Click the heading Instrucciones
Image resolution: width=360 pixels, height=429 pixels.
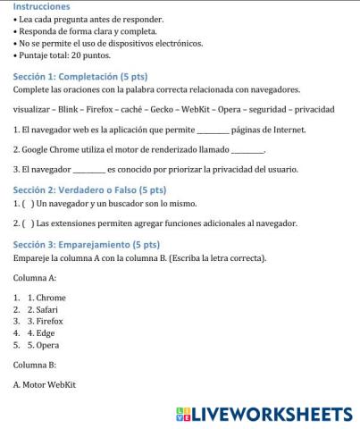[x=42, y=6]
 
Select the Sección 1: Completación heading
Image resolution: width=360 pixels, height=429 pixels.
[x=79, y=78]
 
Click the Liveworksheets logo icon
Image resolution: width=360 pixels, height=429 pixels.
[x=185, y=414]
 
